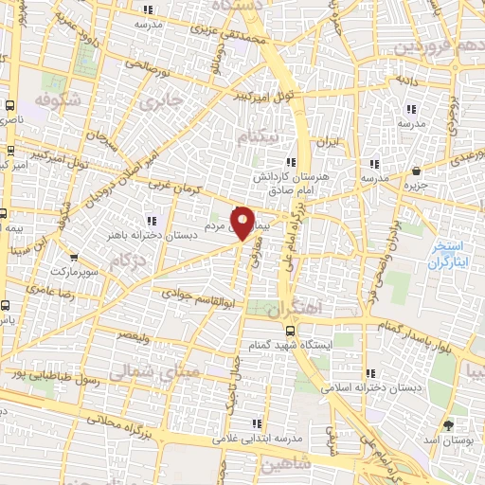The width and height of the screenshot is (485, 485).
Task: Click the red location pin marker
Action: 243,223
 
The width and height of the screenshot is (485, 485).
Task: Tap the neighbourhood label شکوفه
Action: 58,99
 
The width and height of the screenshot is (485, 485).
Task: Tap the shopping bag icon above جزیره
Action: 417,171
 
